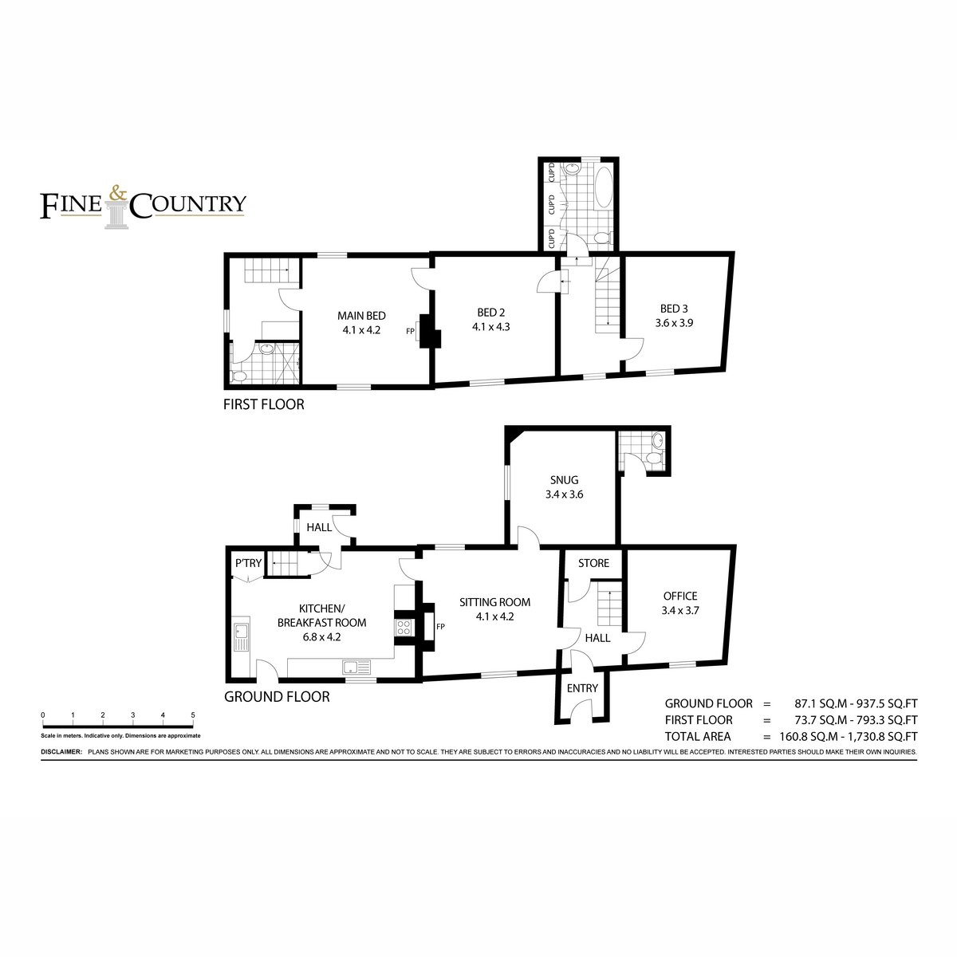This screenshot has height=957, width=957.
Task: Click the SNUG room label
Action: (564, 480)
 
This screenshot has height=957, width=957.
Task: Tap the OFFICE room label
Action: (680, 596)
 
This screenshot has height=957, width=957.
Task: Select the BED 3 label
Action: (674, 309)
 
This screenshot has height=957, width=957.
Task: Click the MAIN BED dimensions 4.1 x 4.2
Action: (361, 330)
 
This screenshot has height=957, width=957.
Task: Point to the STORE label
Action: (593, 563)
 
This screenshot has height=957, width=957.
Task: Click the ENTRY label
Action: (582, 688)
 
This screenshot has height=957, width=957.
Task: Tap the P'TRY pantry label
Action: (248, 563)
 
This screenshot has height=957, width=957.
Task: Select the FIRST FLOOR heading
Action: (264, 405)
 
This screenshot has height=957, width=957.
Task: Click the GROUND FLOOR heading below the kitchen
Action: (277, 697)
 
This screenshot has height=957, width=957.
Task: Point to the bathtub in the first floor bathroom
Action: (604, 188)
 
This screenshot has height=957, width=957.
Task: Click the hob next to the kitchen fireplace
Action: (404, 628)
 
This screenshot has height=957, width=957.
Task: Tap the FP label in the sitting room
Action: (440, 627)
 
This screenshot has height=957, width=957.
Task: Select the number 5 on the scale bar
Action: (193, 715)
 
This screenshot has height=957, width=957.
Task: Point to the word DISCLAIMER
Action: (61, 752)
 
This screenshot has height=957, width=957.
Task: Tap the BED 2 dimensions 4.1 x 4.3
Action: (490, 327)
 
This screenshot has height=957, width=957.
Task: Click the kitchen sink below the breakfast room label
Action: (356, 667)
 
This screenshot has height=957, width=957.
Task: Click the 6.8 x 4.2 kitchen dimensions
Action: (322, 637)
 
